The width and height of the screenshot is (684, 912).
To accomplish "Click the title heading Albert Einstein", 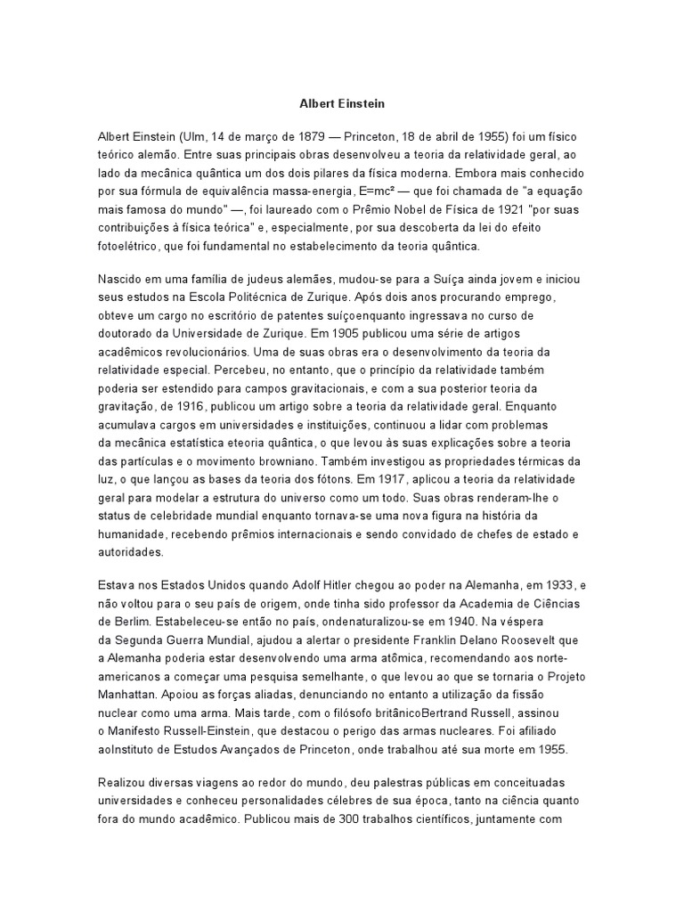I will pyautogui.click(x=342, y=104).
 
